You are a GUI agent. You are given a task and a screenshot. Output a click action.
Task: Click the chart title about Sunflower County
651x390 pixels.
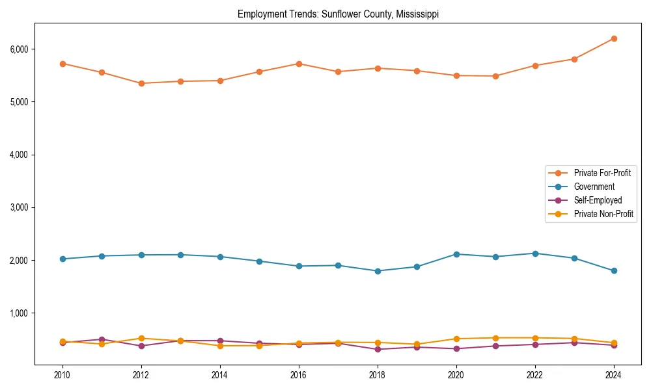click(x=338, y=14)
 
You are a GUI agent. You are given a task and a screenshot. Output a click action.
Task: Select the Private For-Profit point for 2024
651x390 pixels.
click(x=614, y=38)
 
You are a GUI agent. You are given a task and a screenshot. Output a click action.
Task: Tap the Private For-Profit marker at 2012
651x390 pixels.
click(x=141, y=83)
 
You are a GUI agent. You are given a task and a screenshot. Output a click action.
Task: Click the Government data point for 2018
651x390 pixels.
click(x=378, y=271)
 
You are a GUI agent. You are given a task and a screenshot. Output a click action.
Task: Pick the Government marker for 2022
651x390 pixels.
click(x=535, y=253)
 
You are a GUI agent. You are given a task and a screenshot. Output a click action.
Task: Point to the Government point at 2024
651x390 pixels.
click(x=614, y=270)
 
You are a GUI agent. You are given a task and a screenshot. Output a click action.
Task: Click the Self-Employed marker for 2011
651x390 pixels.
click(x=102, y=339)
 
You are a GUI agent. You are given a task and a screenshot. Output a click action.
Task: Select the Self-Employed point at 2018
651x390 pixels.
click(x=378, y=349)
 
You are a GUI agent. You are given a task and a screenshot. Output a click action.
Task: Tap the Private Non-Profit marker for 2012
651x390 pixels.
click(x=141, y=338)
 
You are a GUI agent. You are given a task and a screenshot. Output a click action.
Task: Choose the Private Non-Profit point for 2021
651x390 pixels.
click(x=495, y=338)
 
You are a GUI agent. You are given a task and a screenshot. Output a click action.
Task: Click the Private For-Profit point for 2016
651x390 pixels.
click(x=299, y=64)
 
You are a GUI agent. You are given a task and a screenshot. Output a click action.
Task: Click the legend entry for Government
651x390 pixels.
click(x=594, y=187)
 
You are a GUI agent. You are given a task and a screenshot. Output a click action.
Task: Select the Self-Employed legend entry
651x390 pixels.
click(x=598, y=200)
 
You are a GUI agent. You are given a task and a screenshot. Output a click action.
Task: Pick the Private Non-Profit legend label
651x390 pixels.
click(x=603, y=214)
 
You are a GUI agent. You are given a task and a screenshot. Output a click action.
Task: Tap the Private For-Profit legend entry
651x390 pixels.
click(x=602, y=173)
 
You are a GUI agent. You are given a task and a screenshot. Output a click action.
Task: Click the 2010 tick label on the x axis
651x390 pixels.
click(x=62, y=375)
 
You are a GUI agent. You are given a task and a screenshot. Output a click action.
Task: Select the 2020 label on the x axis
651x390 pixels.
click(x=456, y=375)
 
